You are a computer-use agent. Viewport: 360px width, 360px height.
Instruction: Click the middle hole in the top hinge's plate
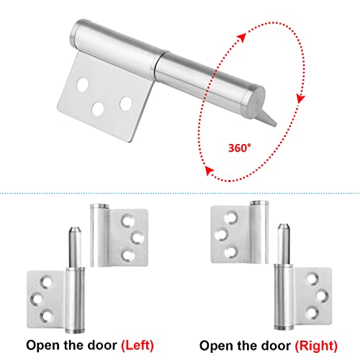click(97, 109)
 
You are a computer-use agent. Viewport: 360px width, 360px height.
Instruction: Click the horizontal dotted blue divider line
click(180, 193)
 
